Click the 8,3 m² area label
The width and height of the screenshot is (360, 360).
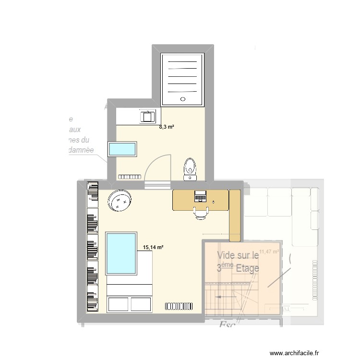(x=167, y=127)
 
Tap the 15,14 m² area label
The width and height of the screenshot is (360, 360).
(x=154, y=247)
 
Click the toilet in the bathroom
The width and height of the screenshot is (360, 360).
(x=190, y=168)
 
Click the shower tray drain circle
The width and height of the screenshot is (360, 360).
(x=182, y=99)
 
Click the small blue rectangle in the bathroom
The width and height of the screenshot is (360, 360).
(x=123, y=149)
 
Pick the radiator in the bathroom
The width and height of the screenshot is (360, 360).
(x=128, y=176)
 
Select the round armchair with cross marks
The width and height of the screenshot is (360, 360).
(x=120, y=200)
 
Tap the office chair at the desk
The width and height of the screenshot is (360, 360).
(x=201, y=212)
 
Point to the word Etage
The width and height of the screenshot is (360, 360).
(x=247, y=268)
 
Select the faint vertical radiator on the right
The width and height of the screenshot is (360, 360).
(x=314, y=280)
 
